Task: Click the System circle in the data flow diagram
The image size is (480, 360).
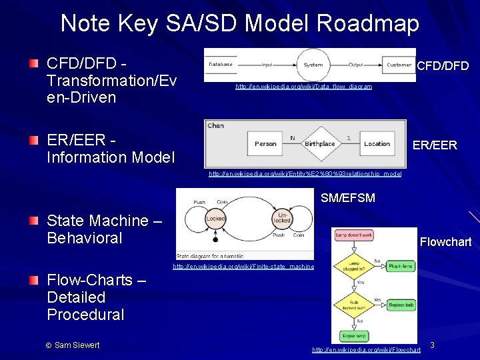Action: click(x=313, y=65)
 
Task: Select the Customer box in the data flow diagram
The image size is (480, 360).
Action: click(x=399, y=65)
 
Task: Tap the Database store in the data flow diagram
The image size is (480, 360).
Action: click(x=221, y=65)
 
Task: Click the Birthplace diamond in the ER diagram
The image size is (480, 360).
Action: click(x=319, y=143)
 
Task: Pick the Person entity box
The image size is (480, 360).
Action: click(x=265, y=143)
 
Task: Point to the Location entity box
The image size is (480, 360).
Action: click(x=377, y=143)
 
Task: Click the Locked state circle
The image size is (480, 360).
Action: click(x=215, y=219)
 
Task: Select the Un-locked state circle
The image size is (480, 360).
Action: click(x=283, y=219)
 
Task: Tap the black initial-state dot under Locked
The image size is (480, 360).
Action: click(x=215, y=239)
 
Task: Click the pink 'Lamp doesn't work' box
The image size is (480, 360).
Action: click(x=353, y=235)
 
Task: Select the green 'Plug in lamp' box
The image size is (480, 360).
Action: click(x=401, y=266)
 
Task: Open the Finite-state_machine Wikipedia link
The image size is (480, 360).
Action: click(x=243, y=267)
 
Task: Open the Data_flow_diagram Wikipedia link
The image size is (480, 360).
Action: click(x=303, y=87)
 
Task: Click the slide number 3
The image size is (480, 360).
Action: click(x=432, y=345)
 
